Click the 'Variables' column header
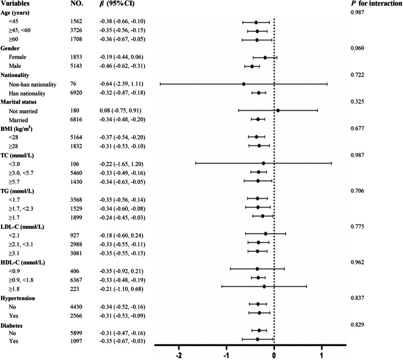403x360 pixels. point(15,4)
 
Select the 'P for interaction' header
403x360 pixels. point(376,4)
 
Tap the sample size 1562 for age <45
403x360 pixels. point(76,21)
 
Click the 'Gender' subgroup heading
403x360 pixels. point(10,48)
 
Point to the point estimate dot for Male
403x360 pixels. point(252,66)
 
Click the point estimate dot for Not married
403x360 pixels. point(278,110)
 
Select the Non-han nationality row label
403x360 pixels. point(32,84)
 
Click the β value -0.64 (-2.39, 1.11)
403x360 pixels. point(121,84)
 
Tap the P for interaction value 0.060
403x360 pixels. point(357,48)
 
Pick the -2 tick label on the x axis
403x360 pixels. point(179,355)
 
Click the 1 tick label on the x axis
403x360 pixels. point(321,355)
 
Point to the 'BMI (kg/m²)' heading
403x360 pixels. point(17,129)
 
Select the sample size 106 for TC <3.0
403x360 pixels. point(75,164)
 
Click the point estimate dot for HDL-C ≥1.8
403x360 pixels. point(264,286)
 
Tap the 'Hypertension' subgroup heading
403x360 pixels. point(18,299)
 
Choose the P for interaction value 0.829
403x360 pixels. point(357,325)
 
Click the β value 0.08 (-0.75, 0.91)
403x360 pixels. point(120,111)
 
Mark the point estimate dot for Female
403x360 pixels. point(265,58)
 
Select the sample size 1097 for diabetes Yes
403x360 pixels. point(76,341)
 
